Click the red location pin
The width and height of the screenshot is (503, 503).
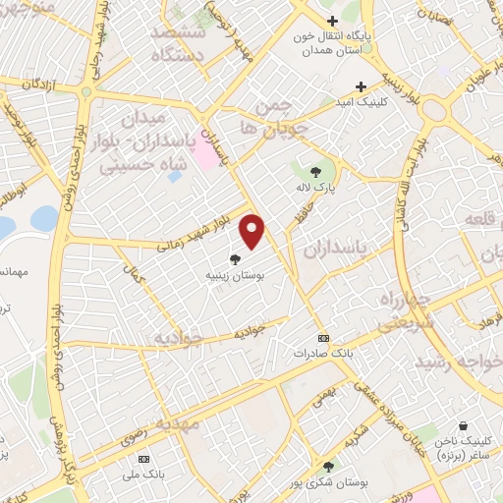click(253, 229)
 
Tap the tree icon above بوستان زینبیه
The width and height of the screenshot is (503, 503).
click(235, 259)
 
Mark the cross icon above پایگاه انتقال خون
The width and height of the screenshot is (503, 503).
click(333, 21)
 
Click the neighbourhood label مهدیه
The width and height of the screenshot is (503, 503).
click(177, 423)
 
